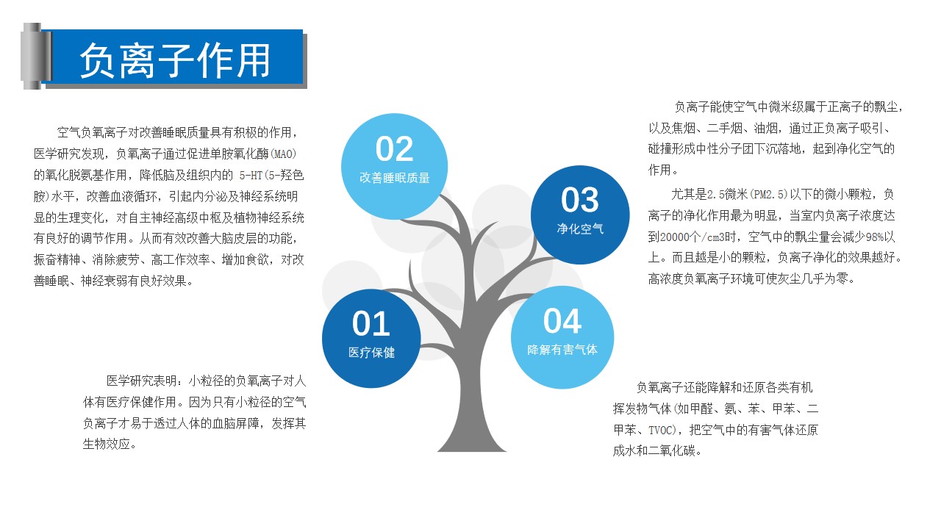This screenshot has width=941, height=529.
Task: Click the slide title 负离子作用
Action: pyautogui.click(x=175, y=60)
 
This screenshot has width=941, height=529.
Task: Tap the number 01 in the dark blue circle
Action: pyautogui.click(x=371, y=323)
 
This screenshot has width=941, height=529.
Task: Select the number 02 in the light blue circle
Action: pyautogui.click(x=394, y=148)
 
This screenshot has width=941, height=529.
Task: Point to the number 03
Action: pyautogui.click(x=580, y=200)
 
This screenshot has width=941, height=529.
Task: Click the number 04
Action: pyautogui.click(x=562, y=321)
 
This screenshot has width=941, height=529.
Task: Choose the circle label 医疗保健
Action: pyautogui.click(x=371, y=352)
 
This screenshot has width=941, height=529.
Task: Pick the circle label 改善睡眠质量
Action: pyautogui.click(x=395, y=178)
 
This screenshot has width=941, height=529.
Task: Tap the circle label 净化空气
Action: pyautogui.click(x=580, y=228)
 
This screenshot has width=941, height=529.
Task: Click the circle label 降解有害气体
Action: pyautogui.click(x=562, y=350)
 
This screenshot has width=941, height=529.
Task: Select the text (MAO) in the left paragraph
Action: pyautogui.click(x=284, y=154)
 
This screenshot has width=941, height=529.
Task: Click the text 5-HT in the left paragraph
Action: pyautogui.click(x=251, y=176)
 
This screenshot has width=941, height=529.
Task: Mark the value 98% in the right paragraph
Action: pyautogui.click(x=874, y=237)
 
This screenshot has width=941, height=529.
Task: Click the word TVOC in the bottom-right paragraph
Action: pyautogui.click(x=661, y=431)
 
